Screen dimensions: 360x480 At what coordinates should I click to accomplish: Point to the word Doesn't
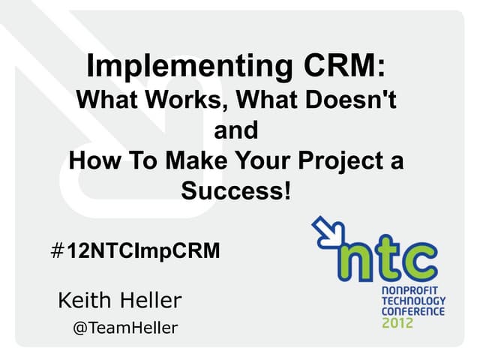(x=354, y=100)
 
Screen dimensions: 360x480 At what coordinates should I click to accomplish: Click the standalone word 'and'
(x=235, y=130)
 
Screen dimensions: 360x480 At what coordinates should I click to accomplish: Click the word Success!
(x=235, y=191)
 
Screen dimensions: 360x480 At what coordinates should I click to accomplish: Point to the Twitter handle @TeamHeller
(x=124, y=328)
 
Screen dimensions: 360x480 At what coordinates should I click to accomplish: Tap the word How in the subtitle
(x=93, y=161)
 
